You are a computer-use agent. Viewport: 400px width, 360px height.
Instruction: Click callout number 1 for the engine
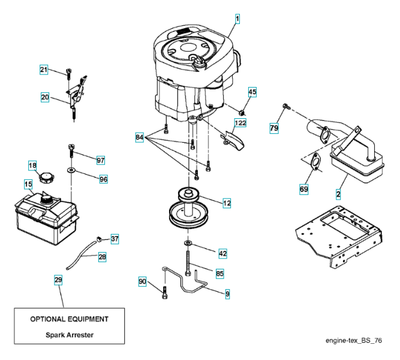point(237,19)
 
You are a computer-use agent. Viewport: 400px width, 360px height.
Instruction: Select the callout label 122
point(240,123)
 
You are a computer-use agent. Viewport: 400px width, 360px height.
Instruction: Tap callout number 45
point(252,92)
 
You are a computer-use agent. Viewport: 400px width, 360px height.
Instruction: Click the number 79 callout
point(274,128)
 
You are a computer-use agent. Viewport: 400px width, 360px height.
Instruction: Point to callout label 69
point(304,190)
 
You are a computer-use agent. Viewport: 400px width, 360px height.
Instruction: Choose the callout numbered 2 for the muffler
point(338,194)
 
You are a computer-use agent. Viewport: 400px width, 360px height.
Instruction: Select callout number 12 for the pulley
point(227,203)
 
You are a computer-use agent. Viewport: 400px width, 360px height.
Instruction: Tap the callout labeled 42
point(222,254)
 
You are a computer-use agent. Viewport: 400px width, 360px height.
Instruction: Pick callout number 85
point(219,274)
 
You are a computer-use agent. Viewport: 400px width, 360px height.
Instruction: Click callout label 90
point(143,281)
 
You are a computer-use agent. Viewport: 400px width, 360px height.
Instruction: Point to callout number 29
point(58,280)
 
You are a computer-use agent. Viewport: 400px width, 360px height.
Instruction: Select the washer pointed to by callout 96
point(71,171)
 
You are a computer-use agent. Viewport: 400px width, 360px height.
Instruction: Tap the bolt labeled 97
point(70,148)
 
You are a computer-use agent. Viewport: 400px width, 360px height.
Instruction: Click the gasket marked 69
point(315,161)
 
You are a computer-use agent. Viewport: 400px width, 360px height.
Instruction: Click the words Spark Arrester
point(70,335)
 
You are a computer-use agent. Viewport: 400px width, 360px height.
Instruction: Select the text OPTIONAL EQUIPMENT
point(70,319)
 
